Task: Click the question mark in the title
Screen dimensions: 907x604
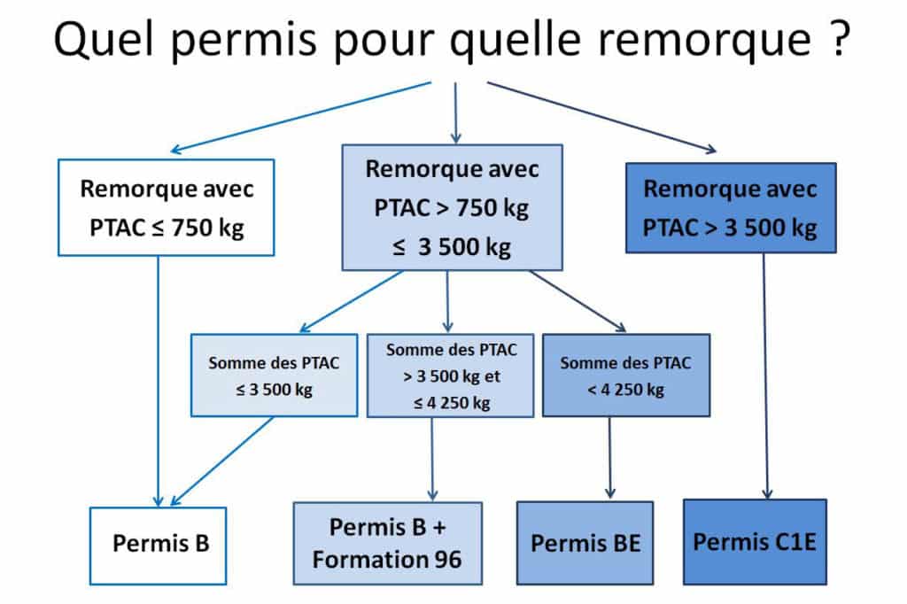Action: tap(839, 39)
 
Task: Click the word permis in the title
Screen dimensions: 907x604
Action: tap(244, 42)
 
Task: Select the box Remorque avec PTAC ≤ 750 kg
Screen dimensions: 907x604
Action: tap(166, 207)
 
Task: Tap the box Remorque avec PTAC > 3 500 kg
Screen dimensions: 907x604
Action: tap(731, 208)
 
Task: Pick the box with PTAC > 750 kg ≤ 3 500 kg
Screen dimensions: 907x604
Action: tap(452, 207)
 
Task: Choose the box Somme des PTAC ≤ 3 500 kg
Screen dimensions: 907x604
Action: tap(275, 375)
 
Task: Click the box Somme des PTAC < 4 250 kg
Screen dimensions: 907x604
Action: tap(626, 375)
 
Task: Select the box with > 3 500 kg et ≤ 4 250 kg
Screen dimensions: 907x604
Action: tap(451, 375)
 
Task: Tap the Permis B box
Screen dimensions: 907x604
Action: tap(158, 546)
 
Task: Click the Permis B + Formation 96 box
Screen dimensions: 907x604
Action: tap(388, 543)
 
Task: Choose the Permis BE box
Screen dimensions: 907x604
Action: tap(585, 543)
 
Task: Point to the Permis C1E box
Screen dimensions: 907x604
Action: tap(755, 541)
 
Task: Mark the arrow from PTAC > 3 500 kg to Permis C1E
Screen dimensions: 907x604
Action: tap(765, 376)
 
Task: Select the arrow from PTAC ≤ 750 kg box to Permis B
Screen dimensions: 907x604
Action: tap(158, 381)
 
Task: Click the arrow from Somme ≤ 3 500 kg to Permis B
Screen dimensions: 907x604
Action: tap(222, 461)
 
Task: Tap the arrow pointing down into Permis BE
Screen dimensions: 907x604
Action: tap(609, 458)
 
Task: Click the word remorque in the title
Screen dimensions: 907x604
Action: tap(704, 42)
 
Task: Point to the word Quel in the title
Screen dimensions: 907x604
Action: tap(104, 38)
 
